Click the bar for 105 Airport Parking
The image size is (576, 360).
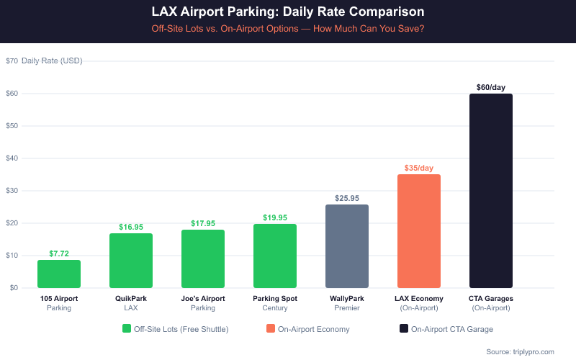coord(59,274)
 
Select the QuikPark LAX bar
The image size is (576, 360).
coord(131,261)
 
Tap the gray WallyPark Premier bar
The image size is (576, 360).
coord(347,246)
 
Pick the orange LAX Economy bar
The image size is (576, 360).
coord(419,231)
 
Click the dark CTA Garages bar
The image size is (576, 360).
coord(491,191)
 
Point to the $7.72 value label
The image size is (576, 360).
coord(59,253)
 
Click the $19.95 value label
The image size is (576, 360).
coord(275,217)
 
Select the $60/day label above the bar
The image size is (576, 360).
coord(491,87)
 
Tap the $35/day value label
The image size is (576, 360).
coord(419,168)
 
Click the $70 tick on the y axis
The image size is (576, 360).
coord(12,61)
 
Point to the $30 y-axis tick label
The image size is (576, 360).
coord(12,191)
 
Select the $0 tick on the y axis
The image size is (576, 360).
coord(14,288)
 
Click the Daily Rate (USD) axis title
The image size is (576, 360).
coord(52,61)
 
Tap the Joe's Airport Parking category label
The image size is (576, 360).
coord(203,302)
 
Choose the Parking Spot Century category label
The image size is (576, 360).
coord(275,302)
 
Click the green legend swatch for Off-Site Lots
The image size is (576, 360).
coord(127,329)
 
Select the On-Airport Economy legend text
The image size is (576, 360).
coord(314,329)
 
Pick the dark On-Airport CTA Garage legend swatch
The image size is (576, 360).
coord(403,329)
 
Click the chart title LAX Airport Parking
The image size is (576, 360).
coord(288,12)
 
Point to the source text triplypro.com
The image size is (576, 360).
coord(520,351)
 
